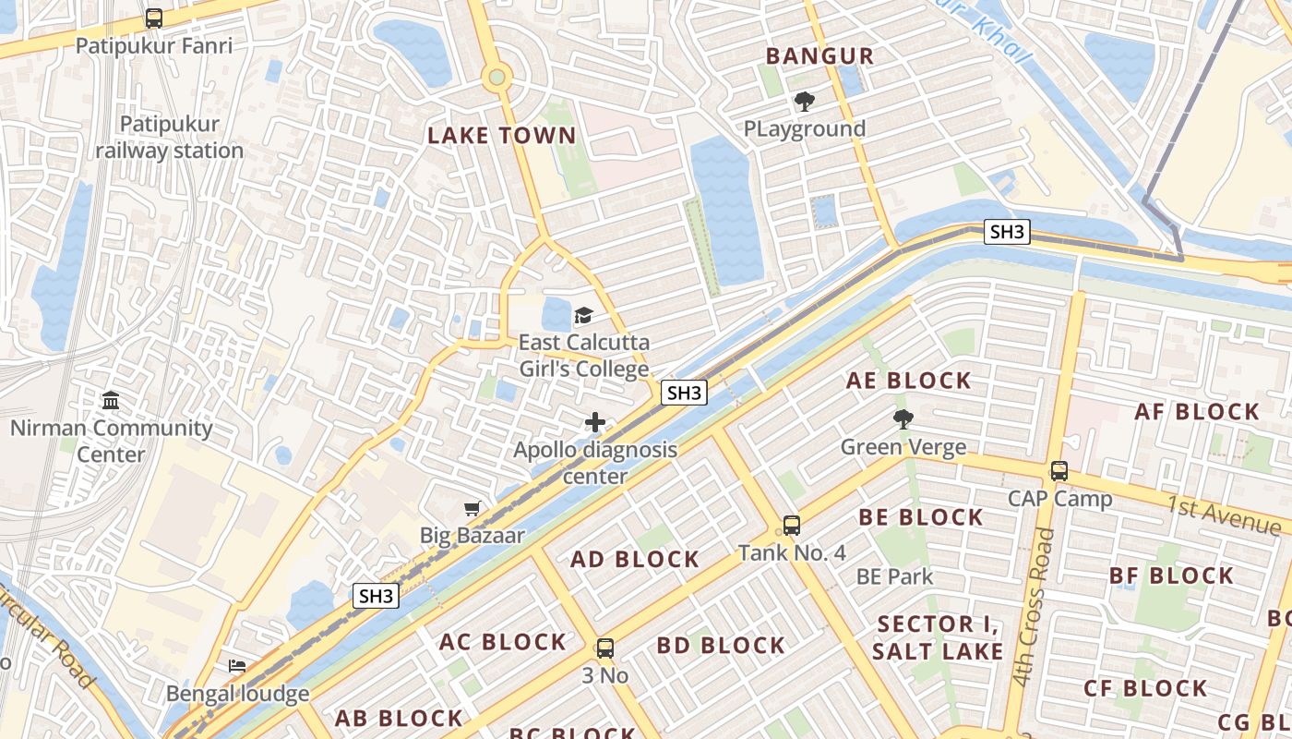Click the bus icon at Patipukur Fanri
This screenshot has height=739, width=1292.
pos(154,18)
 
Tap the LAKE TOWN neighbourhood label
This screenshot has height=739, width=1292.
pos(501,136)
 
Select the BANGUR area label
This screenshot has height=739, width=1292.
pos(819,56)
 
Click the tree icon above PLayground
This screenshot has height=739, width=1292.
pos(805,102)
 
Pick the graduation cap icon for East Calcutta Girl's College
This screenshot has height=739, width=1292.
pos(583,316)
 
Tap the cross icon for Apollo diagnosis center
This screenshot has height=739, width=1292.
pos(595,423)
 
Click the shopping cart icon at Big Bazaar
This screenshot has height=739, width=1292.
pos(473,508)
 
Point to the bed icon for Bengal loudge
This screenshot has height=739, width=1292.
pos(237,666)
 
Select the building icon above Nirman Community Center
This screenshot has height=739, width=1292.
pos(111,401)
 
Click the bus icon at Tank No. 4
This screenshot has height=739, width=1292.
pos(791,526)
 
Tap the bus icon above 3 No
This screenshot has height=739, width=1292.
pos(604,648)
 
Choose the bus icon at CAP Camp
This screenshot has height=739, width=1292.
pos(1059,471)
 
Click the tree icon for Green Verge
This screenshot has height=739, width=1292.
pos(903,420)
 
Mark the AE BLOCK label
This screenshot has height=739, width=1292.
pos(909,381)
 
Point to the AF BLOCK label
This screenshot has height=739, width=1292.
pos(1196,412)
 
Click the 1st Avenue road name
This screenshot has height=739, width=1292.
pos(1223,515)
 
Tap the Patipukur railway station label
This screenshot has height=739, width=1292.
pos(170,138)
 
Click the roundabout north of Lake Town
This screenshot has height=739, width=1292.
pos(496,77)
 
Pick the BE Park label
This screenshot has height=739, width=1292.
pos(894,577)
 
